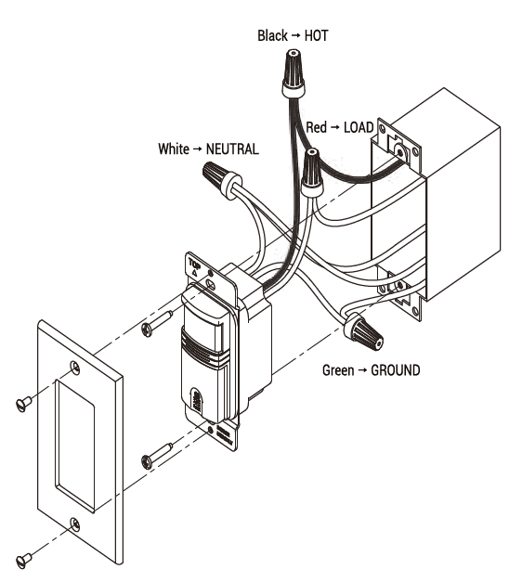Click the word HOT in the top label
[x=313, y=36]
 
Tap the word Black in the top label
[x=273, y=36]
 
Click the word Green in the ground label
[x=339, y=370]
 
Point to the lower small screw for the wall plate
[x=28, y=557]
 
